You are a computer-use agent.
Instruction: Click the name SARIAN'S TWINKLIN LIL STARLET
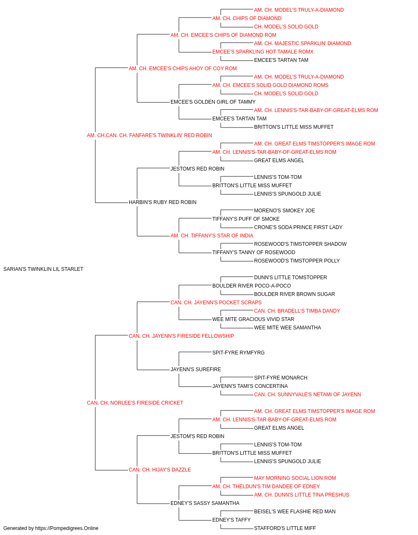pos(43,269)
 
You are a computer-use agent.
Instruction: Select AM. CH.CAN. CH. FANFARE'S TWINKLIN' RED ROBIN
pos(149,135)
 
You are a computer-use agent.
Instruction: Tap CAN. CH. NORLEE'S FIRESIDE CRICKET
pos(135,403)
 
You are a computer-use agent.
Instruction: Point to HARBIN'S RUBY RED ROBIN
pos(163,202)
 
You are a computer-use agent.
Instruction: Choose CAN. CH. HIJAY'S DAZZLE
pos(160,470)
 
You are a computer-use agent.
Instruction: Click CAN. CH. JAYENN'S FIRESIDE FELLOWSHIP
pos(181,336)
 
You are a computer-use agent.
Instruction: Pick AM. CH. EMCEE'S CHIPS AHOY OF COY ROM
pos(183,69)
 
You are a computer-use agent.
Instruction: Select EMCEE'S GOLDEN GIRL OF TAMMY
pos(213,102)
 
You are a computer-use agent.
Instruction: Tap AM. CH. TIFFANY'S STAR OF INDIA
pos(212,236)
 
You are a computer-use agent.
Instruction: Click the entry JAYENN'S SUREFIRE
pos(196,369)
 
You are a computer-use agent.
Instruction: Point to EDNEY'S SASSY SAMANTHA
pos(205,503)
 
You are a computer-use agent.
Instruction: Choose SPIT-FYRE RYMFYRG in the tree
pos(238,353)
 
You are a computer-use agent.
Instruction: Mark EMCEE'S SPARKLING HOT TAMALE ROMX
pos(263,52)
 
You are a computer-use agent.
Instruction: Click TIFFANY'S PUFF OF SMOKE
pos(246,219)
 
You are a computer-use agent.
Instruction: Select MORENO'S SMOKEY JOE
pos(284,211)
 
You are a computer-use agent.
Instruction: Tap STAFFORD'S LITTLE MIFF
pos(285,528)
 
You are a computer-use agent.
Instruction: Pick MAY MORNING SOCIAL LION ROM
pos(295,478)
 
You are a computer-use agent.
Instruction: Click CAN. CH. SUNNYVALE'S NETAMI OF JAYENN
pos(308,395)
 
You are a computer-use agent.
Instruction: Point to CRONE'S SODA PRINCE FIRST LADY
pos(298,227)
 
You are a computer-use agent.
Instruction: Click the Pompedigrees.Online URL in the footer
pos(67,528)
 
